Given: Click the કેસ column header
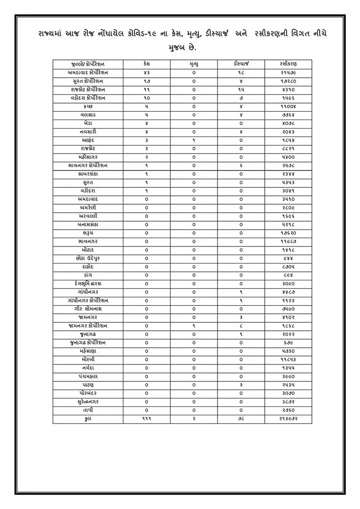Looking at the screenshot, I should click(x=147, y=63).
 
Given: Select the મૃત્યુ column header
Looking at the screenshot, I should click(x=194, y=63).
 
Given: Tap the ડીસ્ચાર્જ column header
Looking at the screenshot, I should click(x=241, y=63).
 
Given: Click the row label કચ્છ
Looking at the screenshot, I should click(x=88, y=106).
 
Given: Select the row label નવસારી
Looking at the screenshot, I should click(x=88, y=131).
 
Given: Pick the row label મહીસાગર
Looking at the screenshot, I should click(x=88, y=157).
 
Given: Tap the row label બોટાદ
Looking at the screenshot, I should click(x=88, y=249).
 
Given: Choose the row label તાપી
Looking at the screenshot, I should click(x=88, y=410).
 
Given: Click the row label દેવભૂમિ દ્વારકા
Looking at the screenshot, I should click(x=88, y=283).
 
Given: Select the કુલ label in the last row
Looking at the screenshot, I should click(x=88, y=419).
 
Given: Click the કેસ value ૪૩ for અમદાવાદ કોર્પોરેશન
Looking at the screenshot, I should click(x=147, y=72).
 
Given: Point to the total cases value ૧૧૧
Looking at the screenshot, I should click(x=147, y=419).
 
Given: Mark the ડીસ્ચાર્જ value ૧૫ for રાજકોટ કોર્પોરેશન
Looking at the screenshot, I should click(x=241, y=89).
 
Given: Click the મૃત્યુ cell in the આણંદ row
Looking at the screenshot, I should click(x=194, y=140).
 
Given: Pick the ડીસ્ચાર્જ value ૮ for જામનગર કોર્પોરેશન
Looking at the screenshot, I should click(x=241, y=325).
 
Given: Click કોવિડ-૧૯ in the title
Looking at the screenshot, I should click(x=147, y=33).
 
